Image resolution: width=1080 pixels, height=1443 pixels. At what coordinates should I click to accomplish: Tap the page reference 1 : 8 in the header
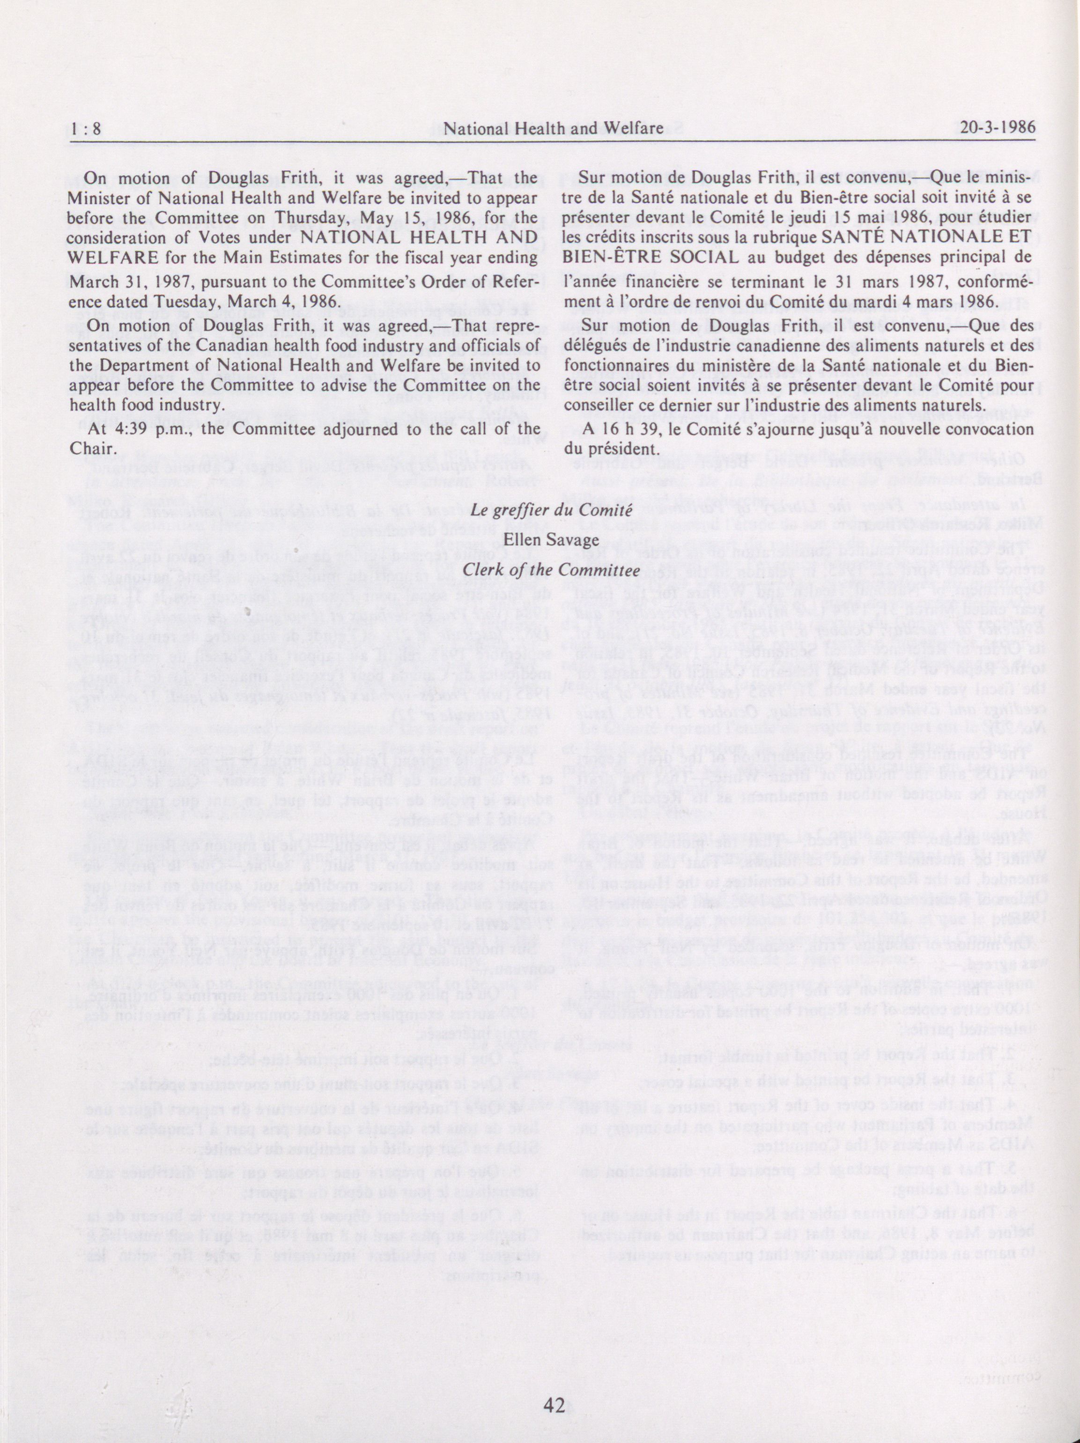87,128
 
